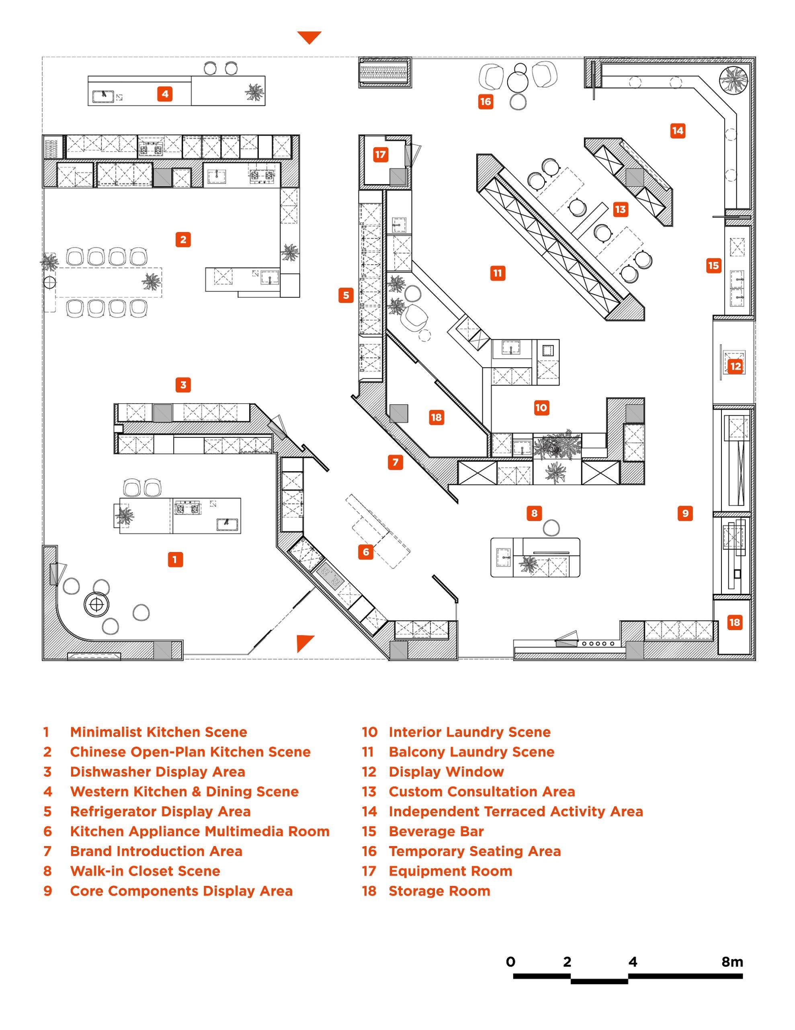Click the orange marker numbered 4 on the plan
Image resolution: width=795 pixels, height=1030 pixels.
[x=164, y=94]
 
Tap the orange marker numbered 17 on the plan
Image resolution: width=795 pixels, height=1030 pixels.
[x=380, y=154]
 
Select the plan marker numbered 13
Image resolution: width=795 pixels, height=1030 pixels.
[x=620, y=209]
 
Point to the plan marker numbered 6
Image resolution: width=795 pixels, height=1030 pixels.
[x=366, y=551]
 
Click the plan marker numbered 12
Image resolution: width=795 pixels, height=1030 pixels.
[x=735, y=366]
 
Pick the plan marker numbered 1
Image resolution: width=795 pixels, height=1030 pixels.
[x=175, y=559]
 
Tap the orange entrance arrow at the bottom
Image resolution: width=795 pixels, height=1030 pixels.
[x=304, y=642]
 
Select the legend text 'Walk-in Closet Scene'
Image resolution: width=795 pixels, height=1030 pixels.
[x=145, y=871]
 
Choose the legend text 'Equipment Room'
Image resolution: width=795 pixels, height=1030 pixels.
[x=450, y=871]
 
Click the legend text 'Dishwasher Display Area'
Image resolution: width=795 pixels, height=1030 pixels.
[x=158, y=772]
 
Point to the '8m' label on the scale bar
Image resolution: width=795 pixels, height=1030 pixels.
[x=732, y=962]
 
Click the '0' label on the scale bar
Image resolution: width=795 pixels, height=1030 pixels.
[x=510, y=962]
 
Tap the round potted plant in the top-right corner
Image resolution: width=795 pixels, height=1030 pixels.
[x=733, y=79]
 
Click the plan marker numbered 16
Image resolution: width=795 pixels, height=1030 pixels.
[x=486, y=101]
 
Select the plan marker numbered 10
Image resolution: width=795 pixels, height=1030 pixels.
[x=541, y=408]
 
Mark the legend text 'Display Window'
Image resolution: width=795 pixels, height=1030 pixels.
[x=446, y=772]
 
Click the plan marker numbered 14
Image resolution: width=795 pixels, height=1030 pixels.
[x=677, y=131]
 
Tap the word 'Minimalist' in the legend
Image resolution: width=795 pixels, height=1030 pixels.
[x=106, y=732]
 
